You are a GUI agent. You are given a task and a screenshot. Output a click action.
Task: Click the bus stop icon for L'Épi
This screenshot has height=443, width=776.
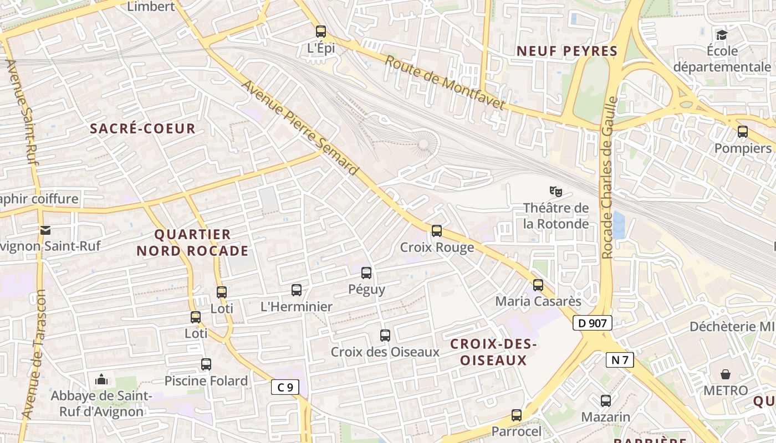pyautogui.click(x=321, y=32)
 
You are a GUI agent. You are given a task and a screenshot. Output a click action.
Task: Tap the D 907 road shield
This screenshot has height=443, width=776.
pyautogui.click(x=592, y=323)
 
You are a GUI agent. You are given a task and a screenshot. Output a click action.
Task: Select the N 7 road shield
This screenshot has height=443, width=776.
pyautogui.click(x=620, y=360)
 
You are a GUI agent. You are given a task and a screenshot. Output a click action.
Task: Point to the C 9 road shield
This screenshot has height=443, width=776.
pyautogui.click(x=285, y=387)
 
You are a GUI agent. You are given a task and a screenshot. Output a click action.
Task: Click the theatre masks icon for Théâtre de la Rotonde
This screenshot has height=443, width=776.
pyautogui.click(x=556, y=192)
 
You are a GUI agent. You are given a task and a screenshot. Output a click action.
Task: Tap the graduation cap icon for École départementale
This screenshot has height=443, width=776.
pyautogui.click(x=721, y=35)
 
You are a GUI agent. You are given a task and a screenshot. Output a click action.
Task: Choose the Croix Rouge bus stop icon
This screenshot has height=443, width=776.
pyautogui.click(x=437, y=231)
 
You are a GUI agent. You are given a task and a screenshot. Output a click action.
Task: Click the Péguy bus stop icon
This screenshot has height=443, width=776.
pyautogui.click(x=366, y=272)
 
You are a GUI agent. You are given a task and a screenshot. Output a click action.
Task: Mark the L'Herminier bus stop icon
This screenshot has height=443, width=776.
pyautogui.click(x=297, y=290)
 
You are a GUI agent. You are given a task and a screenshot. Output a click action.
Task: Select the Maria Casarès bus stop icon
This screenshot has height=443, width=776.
pyautogui.click(x=538, y=285)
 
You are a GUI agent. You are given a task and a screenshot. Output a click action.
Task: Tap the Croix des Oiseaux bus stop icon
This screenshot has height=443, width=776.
pyautogui.click(x=385, y=335)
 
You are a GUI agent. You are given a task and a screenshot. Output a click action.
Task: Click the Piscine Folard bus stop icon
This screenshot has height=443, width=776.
pyautogui.click(x=206, y=364)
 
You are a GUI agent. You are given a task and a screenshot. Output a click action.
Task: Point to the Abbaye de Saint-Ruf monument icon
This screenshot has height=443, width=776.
pyautogui.click(x=101, y=379)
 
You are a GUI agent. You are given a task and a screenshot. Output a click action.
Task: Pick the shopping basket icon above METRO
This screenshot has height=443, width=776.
pyautogui.click(x=725, y=374)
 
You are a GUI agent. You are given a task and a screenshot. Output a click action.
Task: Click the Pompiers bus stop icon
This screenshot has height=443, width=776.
pyautogui.click(x=743, y=132)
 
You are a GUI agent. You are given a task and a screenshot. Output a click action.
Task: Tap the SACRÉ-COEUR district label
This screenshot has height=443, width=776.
pyautogui.click(x=143, y=128)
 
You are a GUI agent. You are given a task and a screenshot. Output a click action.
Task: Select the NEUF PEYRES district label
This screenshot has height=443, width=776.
pyautogui.click(x=567, y=51)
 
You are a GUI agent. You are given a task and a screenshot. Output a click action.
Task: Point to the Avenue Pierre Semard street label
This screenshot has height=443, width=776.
pyautogui.click(x=300, y=128)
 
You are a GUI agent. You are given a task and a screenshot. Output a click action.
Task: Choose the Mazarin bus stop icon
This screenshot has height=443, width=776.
pyautogui.click(x=606, y=400)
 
